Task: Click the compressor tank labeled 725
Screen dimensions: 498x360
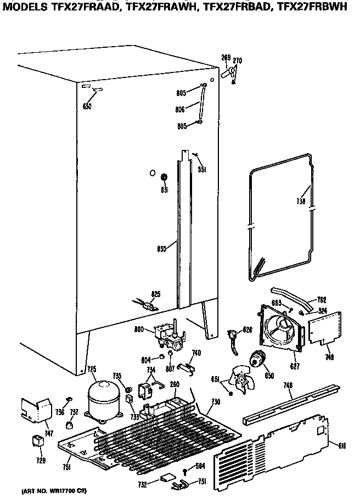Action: pyautogui.click(x=104, y=400)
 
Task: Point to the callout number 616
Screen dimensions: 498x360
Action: pyautogui.click(x=342, y=445)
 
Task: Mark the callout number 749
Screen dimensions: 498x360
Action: pyautogui.click(x=328, y=357)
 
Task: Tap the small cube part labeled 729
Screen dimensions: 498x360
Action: pyautogui.click(x=38, y=441)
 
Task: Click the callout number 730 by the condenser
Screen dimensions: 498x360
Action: pyautogui.click(x=216, y=402)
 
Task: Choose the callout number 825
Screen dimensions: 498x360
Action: pyautogui.click(x=156, y=295)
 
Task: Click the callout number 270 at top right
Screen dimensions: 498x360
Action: pyautogui.click(x=238, y=60)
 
